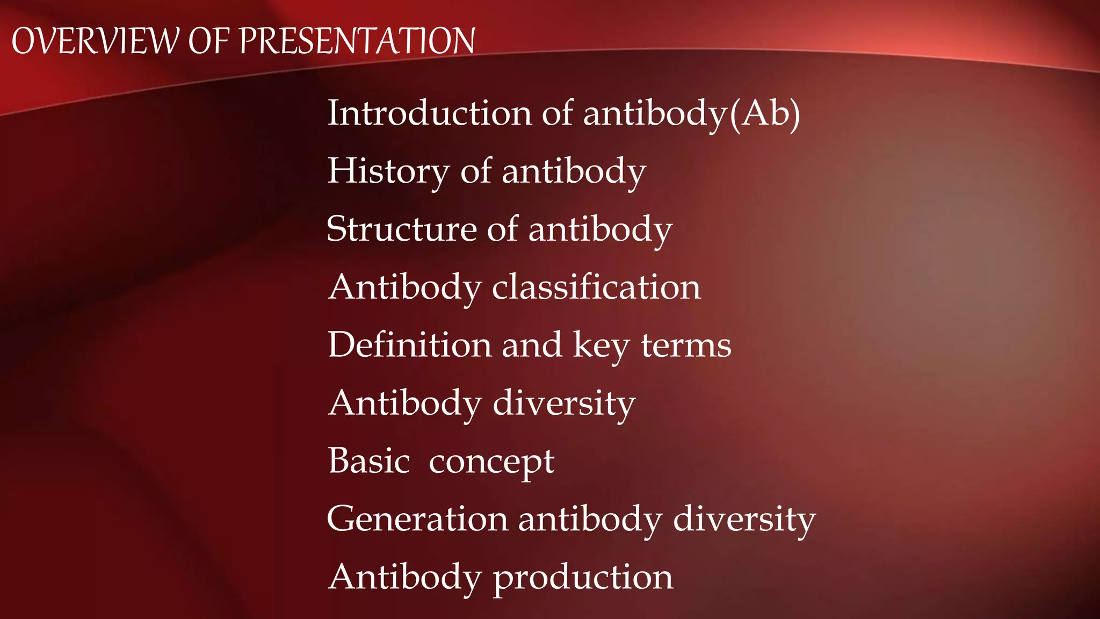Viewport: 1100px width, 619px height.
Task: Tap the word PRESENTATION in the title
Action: [x=357, y=41]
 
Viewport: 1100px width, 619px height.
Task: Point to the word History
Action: [x=388, y=172]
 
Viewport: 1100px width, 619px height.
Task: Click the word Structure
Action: [x=402, y=229]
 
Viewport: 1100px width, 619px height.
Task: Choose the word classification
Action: [x=596, y=287]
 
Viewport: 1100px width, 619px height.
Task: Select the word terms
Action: [x=686, y=346]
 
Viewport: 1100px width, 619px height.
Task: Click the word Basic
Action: [x=370, y=461]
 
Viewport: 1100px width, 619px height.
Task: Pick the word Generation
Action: [x=417, y=519]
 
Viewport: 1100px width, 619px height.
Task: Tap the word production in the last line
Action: [x=583, y=578]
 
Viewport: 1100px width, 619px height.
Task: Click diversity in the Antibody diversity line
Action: [x=564, y=403]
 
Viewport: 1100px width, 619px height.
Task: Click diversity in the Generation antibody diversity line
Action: [x=744, y=520]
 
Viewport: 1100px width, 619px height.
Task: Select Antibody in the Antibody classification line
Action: [x=405, y=287]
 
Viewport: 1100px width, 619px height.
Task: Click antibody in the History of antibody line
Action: [x=574, y=172]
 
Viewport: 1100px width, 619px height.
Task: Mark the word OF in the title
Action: [x=209, y=41]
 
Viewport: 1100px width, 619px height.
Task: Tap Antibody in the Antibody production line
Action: [x=405, y=577]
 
